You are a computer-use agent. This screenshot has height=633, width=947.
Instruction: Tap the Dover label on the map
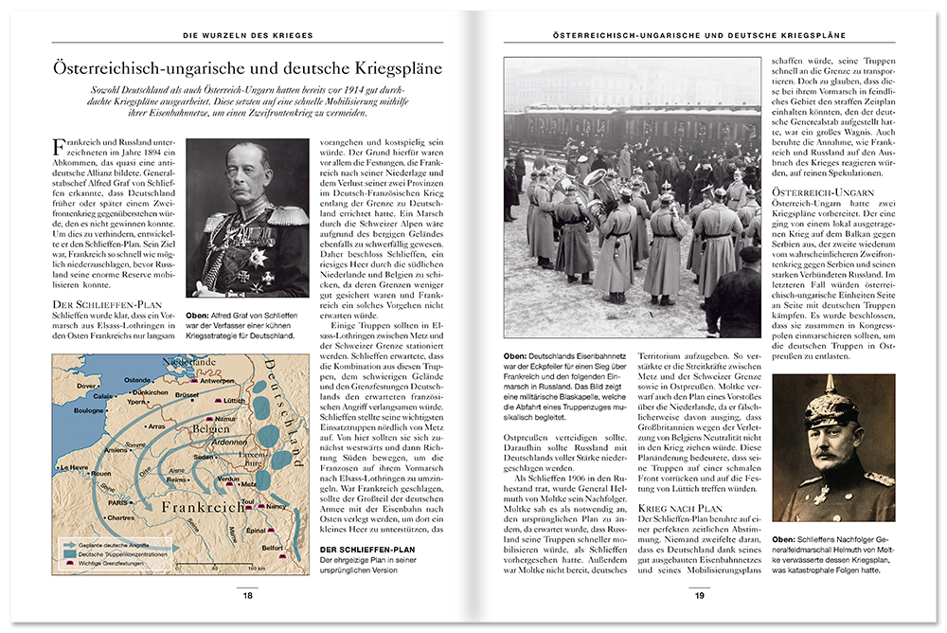pos(86,386)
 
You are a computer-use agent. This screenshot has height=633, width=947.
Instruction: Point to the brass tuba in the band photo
pos(598,180)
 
